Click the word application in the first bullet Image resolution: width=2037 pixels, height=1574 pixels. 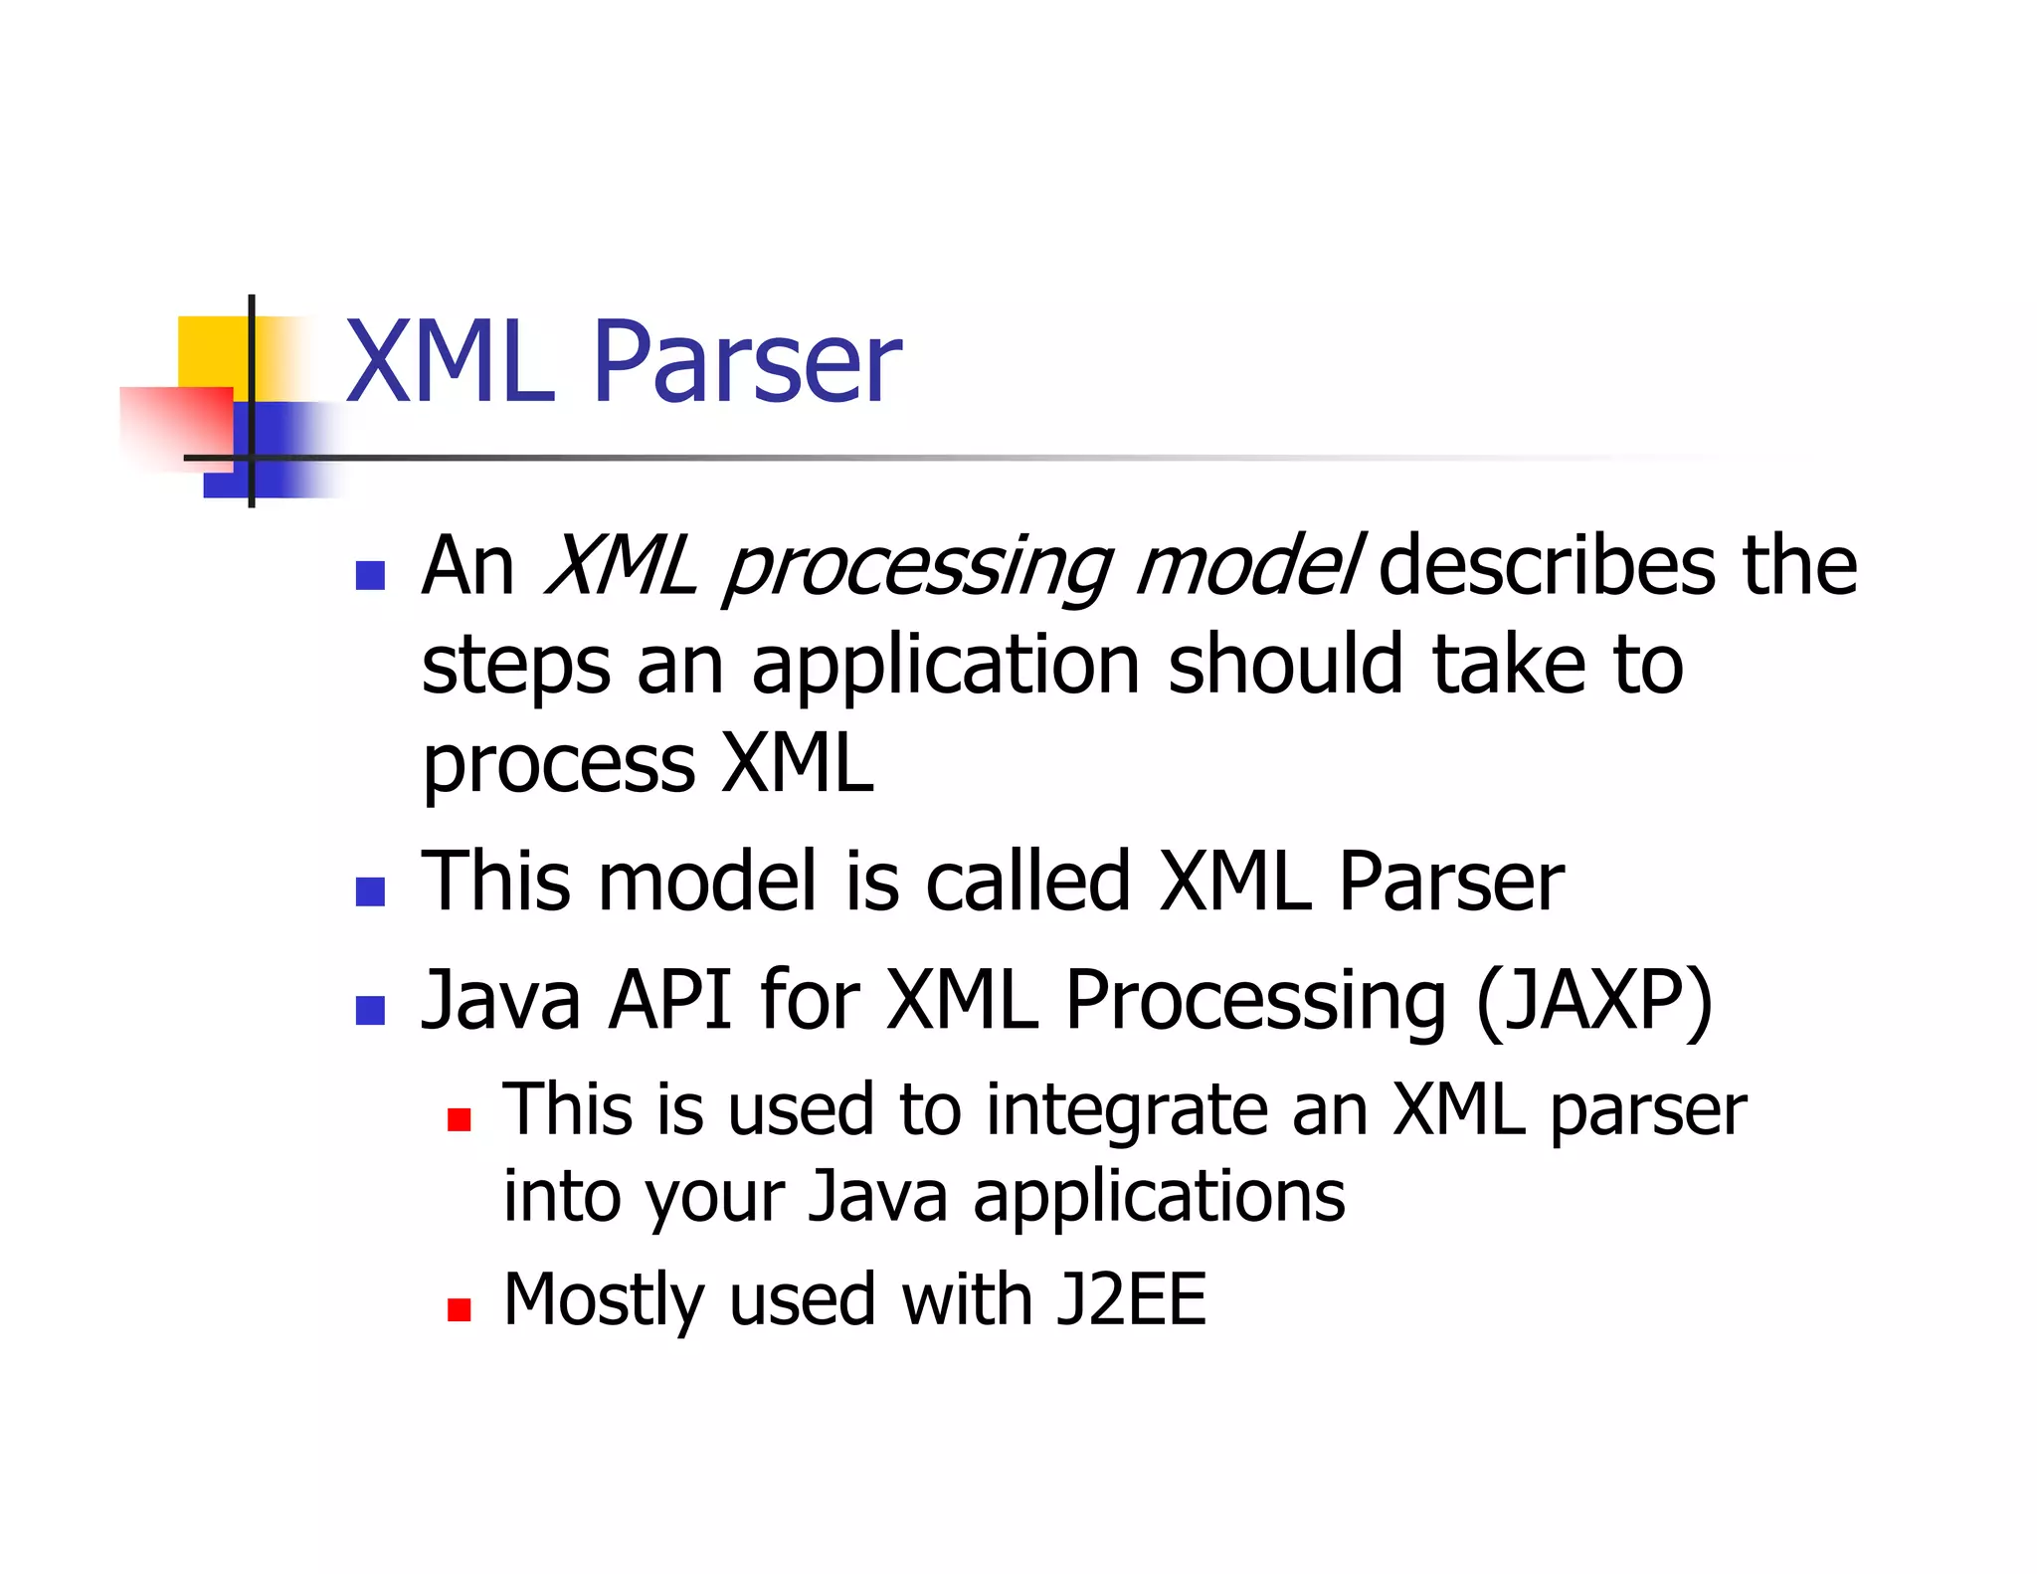coord(945,667)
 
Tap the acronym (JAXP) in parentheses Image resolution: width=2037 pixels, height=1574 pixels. coord(1594,1001)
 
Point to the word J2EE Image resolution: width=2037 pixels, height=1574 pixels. coord(1131,1299)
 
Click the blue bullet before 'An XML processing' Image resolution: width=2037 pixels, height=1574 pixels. coord(370,576)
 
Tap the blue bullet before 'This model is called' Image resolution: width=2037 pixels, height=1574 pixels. coord(370,891)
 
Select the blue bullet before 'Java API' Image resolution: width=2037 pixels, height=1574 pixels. coord(370,1010)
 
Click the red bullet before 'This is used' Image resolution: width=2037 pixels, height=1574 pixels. coord(459,1121)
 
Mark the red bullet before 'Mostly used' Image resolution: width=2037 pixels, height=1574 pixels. coord(459,1309)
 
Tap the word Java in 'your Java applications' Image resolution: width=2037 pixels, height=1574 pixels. coord(877,1196)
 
